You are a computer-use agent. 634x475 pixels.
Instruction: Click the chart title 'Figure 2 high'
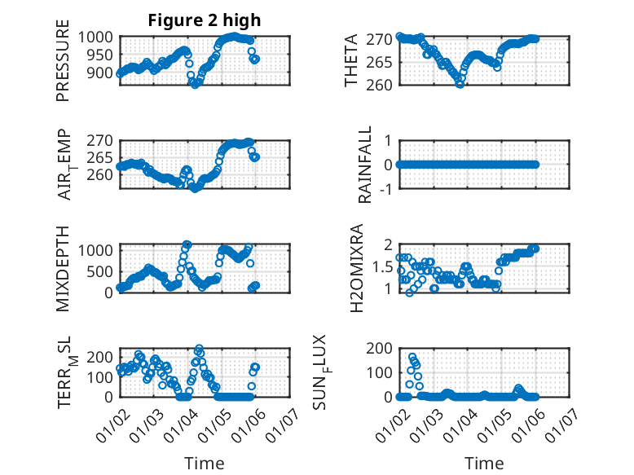(205, 20)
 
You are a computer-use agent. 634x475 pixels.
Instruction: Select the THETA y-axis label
(351, 61)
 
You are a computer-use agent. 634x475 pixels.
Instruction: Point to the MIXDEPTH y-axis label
(63, 268)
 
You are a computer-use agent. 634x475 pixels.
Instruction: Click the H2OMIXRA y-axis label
(356, 268)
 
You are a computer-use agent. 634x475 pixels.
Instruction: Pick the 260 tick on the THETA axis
(384, 85)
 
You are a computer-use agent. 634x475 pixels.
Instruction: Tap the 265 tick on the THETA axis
(384, 62)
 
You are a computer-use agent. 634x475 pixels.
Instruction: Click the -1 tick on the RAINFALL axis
(388, 189)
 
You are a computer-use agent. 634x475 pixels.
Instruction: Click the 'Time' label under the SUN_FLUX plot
(484, 464)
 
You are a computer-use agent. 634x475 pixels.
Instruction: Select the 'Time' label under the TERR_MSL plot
(204, 464)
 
